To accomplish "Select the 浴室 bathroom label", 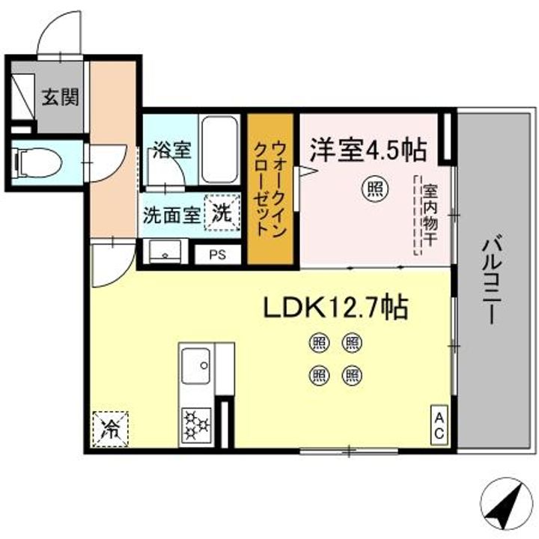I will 171,150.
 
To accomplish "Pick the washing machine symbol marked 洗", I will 223,211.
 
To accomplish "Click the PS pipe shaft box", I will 216,254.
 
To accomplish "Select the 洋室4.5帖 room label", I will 368,150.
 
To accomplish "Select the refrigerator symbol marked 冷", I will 110,430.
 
